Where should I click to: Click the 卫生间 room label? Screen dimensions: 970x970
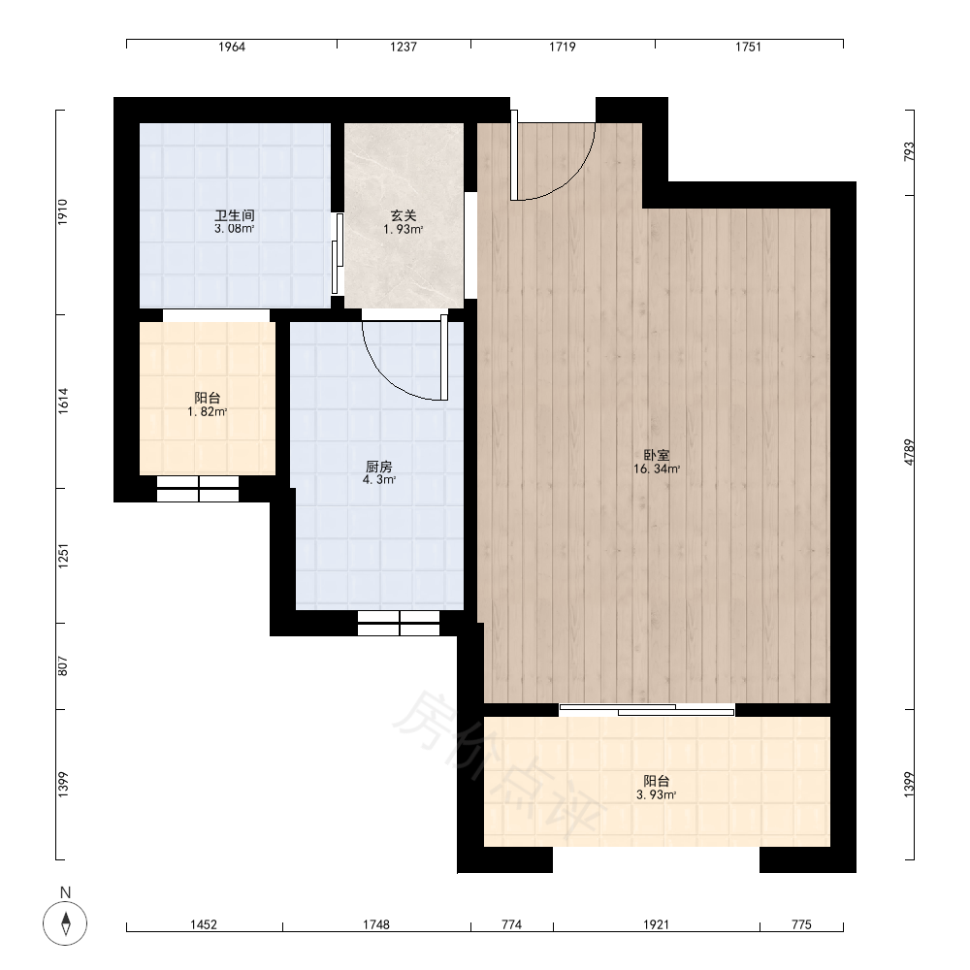(235, 215)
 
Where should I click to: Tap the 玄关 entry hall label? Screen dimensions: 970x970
(404, 215)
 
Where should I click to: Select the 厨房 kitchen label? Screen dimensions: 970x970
(379, 467)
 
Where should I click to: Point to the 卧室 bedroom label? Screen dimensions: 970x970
(657, 455)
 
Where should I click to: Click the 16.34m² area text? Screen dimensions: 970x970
(657, 469)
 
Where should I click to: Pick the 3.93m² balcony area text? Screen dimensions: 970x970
(657, 795)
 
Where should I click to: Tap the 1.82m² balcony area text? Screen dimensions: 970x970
(208, 412)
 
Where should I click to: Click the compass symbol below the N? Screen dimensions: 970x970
(65, 923)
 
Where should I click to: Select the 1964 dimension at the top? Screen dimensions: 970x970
(232, 47)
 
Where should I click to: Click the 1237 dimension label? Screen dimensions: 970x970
(404, 47)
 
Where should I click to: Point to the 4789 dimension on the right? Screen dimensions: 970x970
(909, 452)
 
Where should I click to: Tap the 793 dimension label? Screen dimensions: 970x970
(909, 152)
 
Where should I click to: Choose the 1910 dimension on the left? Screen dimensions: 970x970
(63, 212)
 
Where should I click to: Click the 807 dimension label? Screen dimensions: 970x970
(63, 665)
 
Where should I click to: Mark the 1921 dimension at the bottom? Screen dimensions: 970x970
(657, 924)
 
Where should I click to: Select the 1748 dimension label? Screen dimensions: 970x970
(376, 924)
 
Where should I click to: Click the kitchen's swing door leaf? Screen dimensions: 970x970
(443, 358)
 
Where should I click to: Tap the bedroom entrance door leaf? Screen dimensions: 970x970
(514, 155)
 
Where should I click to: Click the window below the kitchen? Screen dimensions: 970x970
(399, 624)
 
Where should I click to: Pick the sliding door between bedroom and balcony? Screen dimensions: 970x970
(647, 710)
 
